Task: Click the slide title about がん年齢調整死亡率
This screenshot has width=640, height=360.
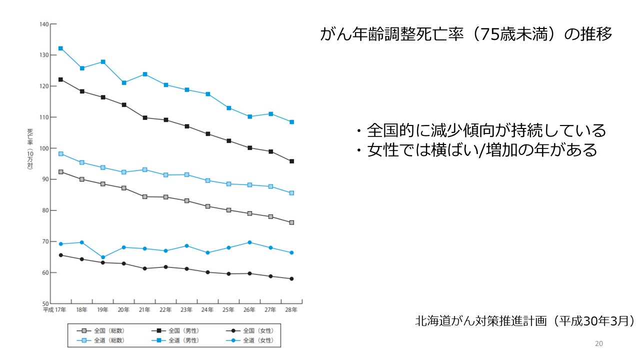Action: coord(465,34)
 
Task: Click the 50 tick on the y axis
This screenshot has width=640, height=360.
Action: coord(45,303)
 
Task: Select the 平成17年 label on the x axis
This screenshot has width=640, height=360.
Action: coord(55,310)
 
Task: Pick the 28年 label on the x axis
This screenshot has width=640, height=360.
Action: coord(291,310)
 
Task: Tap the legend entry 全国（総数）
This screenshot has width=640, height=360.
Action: coord(100,330)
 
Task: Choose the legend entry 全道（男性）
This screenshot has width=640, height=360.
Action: coord(174,340)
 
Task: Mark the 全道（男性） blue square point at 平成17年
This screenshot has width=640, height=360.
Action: coord(60,48)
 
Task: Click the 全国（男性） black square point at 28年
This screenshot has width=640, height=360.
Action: coord(291,161)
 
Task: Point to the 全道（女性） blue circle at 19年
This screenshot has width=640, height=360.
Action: coord(103,257)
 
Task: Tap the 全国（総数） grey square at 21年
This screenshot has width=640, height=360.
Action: coord(144,196)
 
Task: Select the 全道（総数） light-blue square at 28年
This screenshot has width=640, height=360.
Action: coord(291,193)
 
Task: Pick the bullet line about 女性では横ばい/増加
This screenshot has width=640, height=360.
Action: coord(476,150)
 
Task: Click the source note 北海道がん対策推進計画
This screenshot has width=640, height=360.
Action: coord(524,320)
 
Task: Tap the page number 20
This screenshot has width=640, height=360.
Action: coord(599,343)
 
